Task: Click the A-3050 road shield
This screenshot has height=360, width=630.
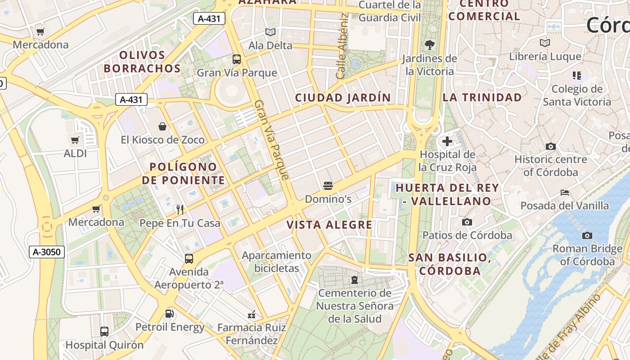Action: pos(47,252)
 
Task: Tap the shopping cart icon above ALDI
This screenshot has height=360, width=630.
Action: pos(75,140)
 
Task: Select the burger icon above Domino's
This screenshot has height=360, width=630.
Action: pos(328,186)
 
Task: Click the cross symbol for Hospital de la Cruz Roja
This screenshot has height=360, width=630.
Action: pos(447,142)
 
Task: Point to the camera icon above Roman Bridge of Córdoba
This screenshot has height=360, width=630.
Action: pos(587,235)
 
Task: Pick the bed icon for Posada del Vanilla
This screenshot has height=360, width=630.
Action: pos(565,193)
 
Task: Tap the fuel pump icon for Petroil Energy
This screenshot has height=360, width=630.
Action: pos(170,314)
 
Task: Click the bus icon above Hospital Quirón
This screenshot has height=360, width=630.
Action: pos(104,332)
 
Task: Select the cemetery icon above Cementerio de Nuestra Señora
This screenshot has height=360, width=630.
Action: pos(355,280)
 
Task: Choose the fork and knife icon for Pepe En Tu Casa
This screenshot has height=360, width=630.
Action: pos(180,209)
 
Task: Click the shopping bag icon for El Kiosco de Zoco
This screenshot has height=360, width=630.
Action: pos(162,126)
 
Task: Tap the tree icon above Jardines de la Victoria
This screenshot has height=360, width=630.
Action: pos(430,45)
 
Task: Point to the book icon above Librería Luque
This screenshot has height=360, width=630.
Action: pos(545,43)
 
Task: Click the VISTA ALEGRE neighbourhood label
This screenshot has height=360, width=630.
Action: pos(330,225)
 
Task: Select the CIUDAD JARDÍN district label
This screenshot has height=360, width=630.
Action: pos(343,98)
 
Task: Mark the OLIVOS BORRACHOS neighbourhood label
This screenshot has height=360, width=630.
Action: pos(142,62)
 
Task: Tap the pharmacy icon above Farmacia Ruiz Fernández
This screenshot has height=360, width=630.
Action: pos(252,314)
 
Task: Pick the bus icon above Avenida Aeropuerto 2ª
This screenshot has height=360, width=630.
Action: pos(189,259)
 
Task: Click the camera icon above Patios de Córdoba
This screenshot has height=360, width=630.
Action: pos(467,222)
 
